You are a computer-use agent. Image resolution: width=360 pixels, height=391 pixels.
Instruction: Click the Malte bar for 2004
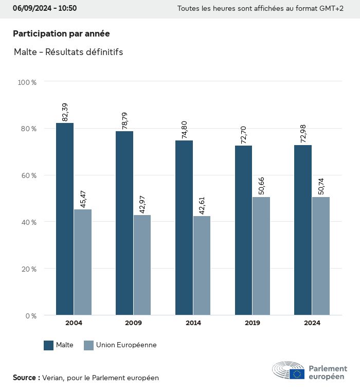point(65,219)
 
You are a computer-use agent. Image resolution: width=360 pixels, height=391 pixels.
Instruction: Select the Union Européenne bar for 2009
point(142,265)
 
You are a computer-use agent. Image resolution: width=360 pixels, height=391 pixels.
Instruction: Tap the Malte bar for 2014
point(184,227)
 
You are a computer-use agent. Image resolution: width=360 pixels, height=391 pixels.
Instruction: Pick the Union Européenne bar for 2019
point(261,256)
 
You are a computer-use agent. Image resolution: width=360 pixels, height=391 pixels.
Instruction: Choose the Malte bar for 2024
point(303,230)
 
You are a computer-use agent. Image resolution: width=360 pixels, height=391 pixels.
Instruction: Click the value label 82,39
point(65,112)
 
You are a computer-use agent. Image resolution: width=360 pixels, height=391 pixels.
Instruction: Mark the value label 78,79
point(124,120)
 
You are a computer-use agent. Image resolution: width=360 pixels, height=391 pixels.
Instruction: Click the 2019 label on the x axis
point(253,323)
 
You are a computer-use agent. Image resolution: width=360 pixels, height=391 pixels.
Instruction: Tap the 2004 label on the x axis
point(74,323)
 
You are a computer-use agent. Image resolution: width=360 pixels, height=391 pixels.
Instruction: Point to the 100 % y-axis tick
point(27,82)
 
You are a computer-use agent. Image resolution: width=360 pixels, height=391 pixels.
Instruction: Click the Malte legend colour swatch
point(49,345)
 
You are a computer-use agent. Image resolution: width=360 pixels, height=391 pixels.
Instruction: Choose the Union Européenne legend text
point(126,345)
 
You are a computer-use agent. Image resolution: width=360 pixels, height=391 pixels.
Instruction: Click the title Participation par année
point(61,33)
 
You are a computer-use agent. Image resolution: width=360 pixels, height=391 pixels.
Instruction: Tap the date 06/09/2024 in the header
point(31,8)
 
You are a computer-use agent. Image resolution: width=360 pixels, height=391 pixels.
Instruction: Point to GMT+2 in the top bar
point(332,8)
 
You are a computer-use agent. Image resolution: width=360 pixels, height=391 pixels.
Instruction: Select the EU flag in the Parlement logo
point(297,374)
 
